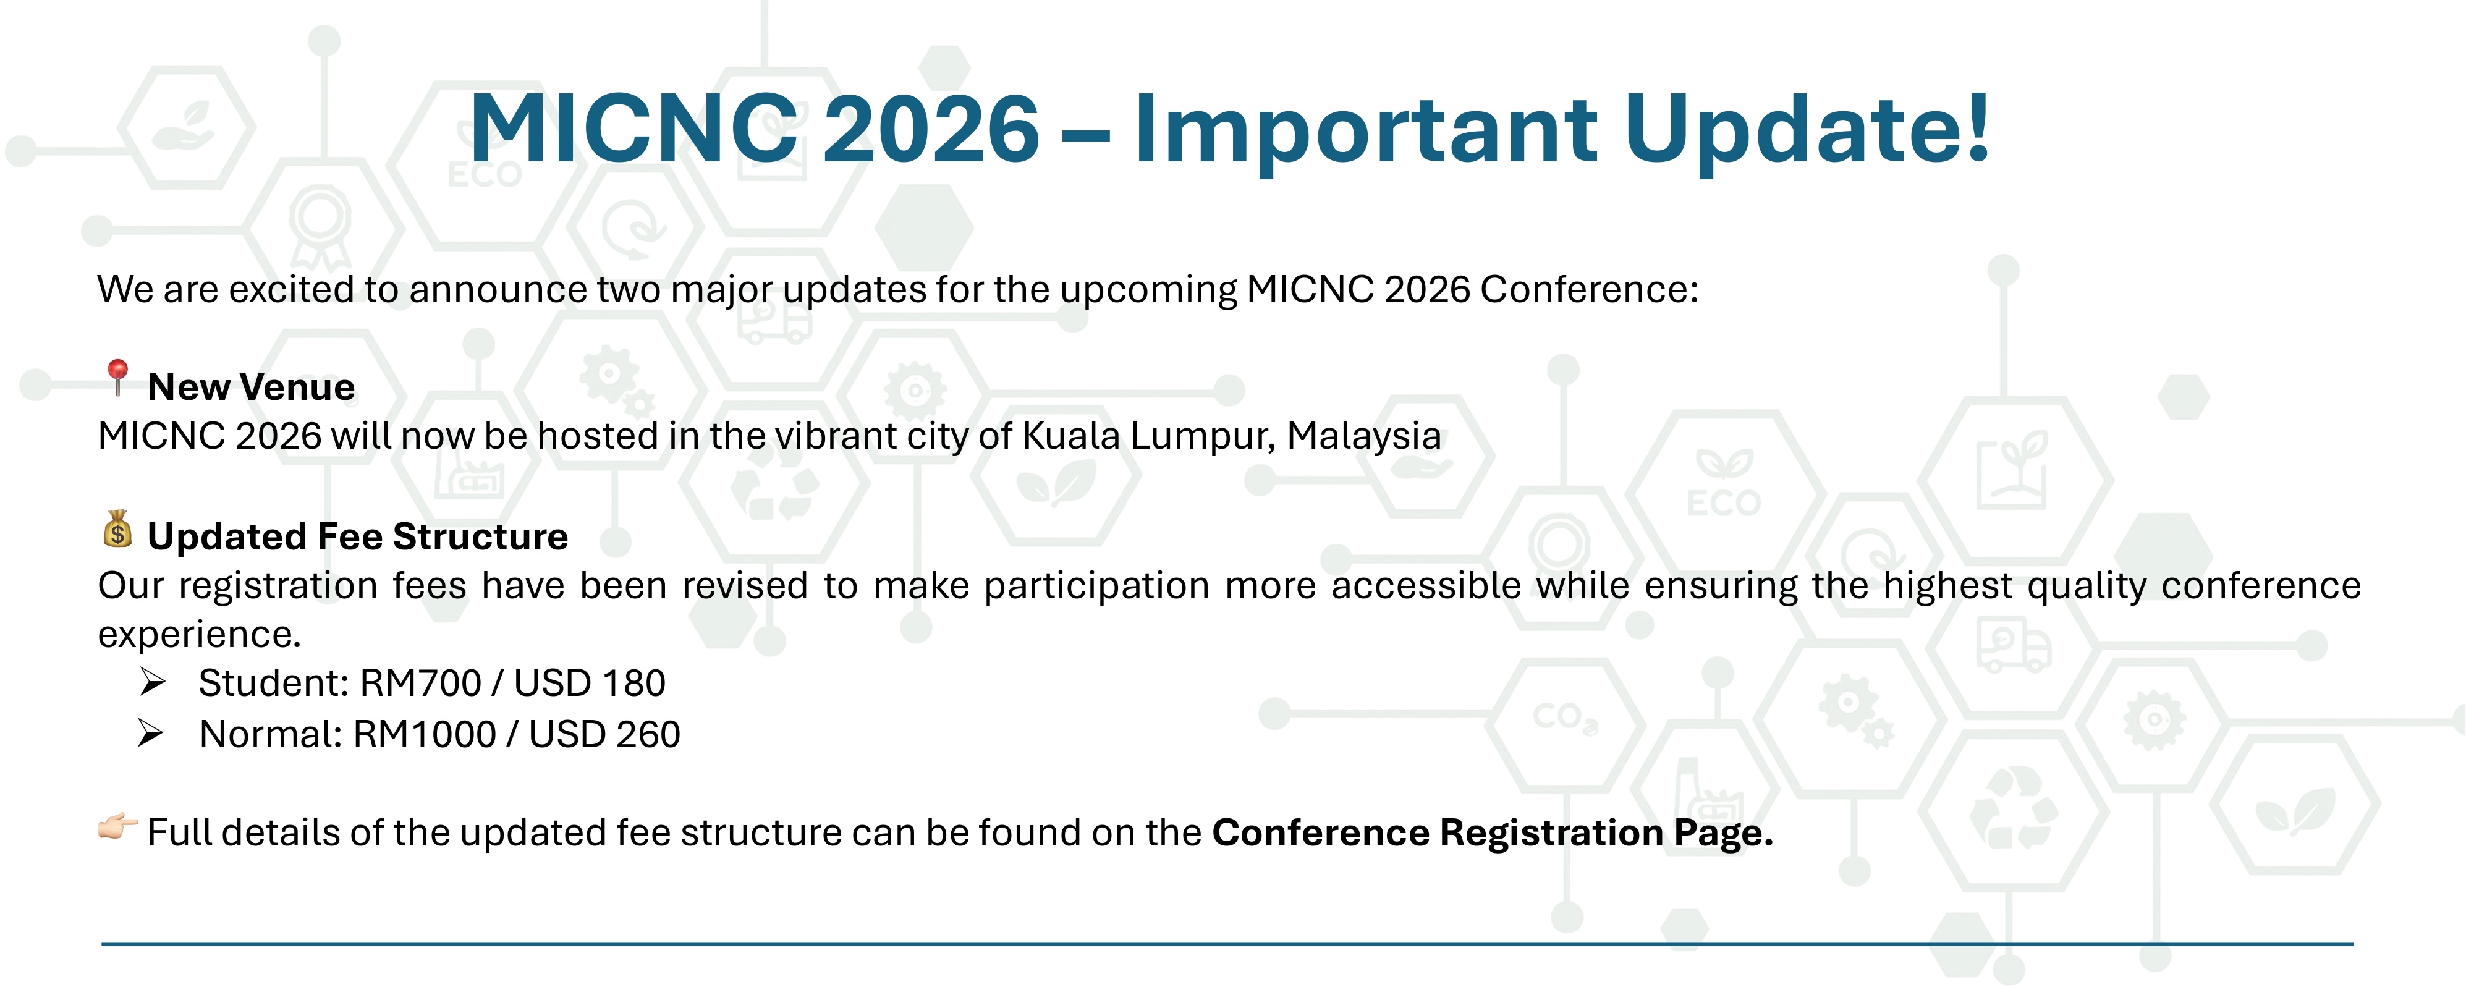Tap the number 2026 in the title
tap(931, 129)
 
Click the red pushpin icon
tap(118, 377)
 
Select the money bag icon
tap(118, 528)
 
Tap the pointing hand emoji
tap(118, 826)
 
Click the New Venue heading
tap(252, 387)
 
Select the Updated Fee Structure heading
tap(358, 536)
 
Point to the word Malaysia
tap(1363, 436)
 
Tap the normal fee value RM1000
tap(424, 734)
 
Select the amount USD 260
tap(604, 734)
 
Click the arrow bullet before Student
tap(153, 682)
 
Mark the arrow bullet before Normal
tap(151, 734)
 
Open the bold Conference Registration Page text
tap(1493, 833)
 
